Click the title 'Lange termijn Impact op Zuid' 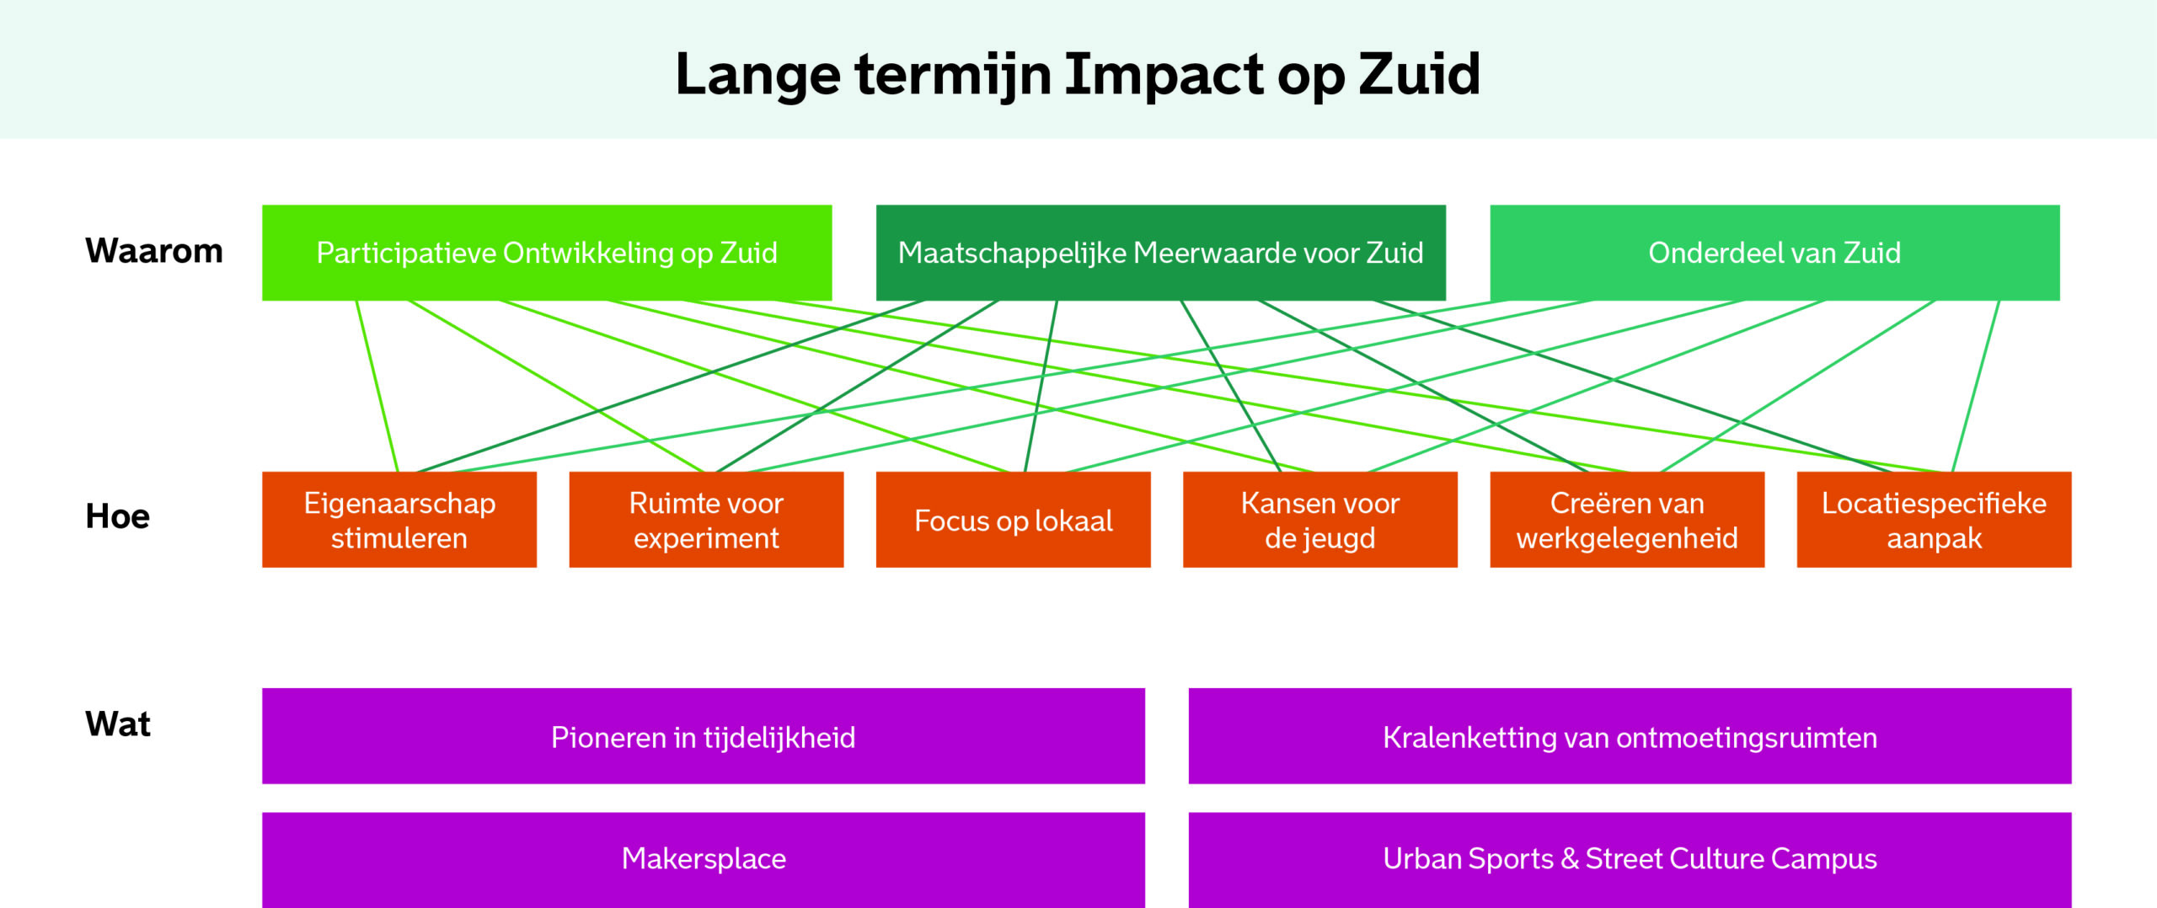point(1078,74)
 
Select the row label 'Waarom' point(154,251)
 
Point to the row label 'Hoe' point(117,516)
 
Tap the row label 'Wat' point(118,724)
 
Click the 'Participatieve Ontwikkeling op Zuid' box point(547,253)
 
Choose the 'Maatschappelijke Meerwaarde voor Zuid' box point(1161,253)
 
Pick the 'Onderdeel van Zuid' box point(1774,253)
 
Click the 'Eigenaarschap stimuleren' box point(399,520)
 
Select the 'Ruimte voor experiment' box point(706,520)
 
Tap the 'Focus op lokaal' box point(1014,520)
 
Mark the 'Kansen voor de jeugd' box point(1320,520)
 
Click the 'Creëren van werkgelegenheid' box point(1627,520)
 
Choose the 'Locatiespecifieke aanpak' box point(1935,520)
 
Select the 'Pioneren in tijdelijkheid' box point(704,736)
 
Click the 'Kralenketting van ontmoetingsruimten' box point(1630,736)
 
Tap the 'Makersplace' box point(704,860)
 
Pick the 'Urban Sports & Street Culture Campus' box point(1630,860)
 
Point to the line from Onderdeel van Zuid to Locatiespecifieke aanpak point(1976,386)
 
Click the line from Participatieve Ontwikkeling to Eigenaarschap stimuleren point(377,386)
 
